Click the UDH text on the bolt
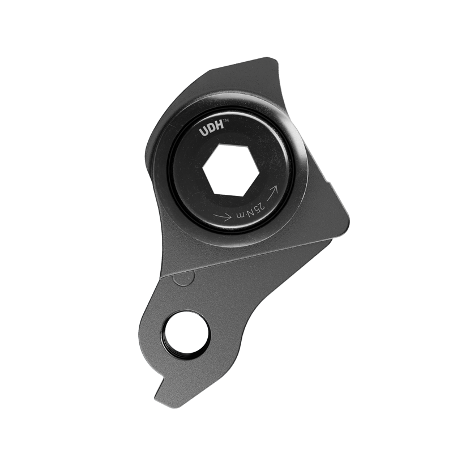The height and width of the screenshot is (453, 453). tap(210, 130)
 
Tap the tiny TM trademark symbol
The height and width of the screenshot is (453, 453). tap(225, 121)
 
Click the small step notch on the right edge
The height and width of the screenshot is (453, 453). tap(332, 182)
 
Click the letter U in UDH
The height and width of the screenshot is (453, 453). tap(203, 132)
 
